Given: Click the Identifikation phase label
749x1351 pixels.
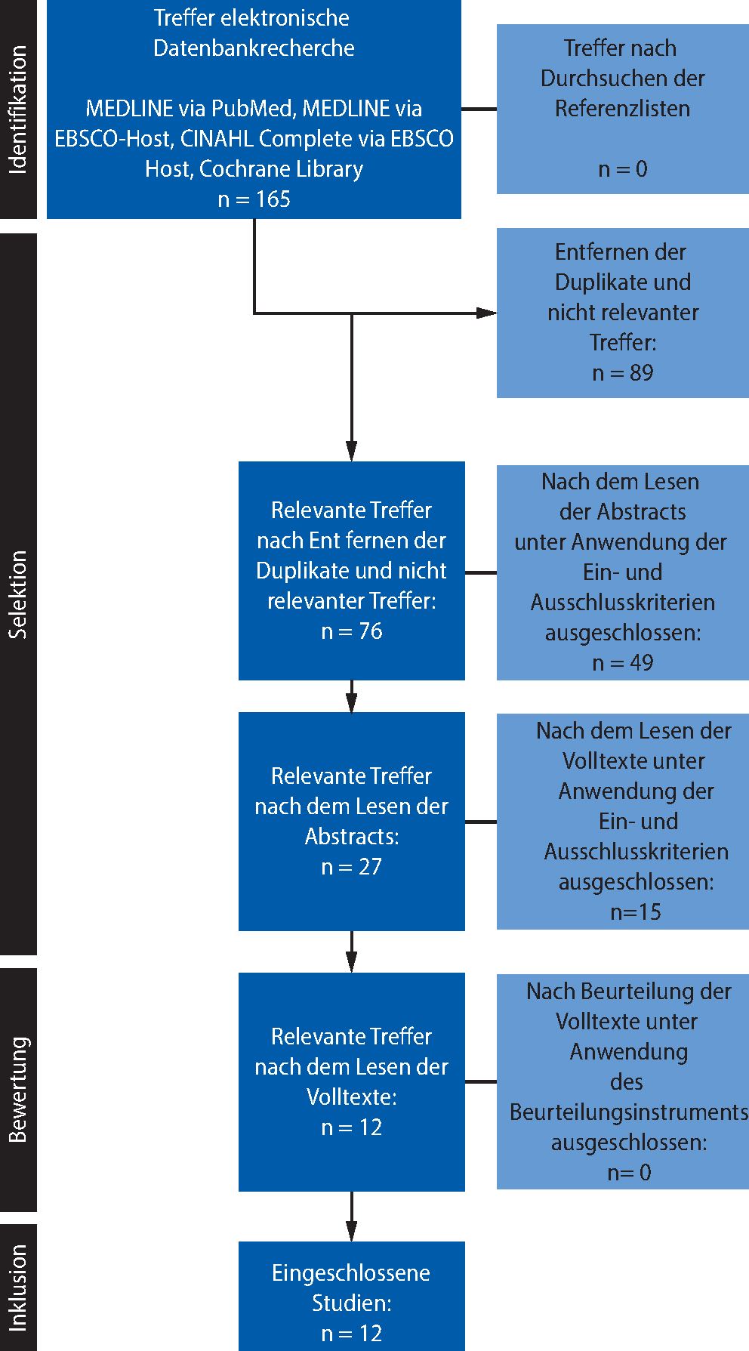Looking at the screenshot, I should [x=18, y=110].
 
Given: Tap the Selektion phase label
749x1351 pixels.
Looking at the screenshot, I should [x=18, y=594].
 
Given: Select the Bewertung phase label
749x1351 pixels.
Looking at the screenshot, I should [x=18, y=1089].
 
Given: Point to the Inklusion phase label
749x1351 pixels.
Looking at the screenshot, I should [x=18, y=1288].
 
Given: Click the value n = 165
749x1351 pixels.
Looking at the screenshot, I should [x=254, y=199].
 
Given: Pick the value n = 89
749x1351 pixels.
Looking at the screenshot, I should [x=622, y=373].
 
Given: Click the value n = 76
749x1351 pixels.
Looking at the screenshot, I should [x=351, y=631].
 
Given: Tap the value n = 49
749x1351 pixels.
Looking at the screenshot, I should [x=622, y=663].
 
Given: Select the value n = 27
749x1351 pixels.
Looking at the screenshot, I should [x=351, y=867].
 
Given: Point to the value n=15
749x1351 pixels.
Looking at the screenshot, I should [x=635, y=912].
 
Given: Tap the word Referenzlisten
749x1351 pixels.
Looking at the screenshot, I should [x=622, y=109].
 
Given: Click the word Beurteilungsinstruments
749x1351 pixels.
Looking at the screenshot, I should [x=629, y=1112].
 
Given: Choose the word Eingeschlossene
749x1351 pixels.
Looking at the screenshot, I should [x=351, y=1273].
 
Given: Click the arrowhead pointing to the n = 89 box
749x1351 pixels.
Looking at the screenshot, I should [x=487, y=313].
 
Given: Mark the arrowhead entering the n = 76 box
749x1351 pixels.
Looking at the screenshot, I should [x=352, y=451].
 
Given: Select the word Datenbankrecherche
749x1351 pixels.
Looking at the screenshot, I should [x=254, y=48].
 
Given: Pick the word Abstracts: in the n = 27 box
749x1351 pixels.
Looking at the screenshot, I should [x=351, y=837].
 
